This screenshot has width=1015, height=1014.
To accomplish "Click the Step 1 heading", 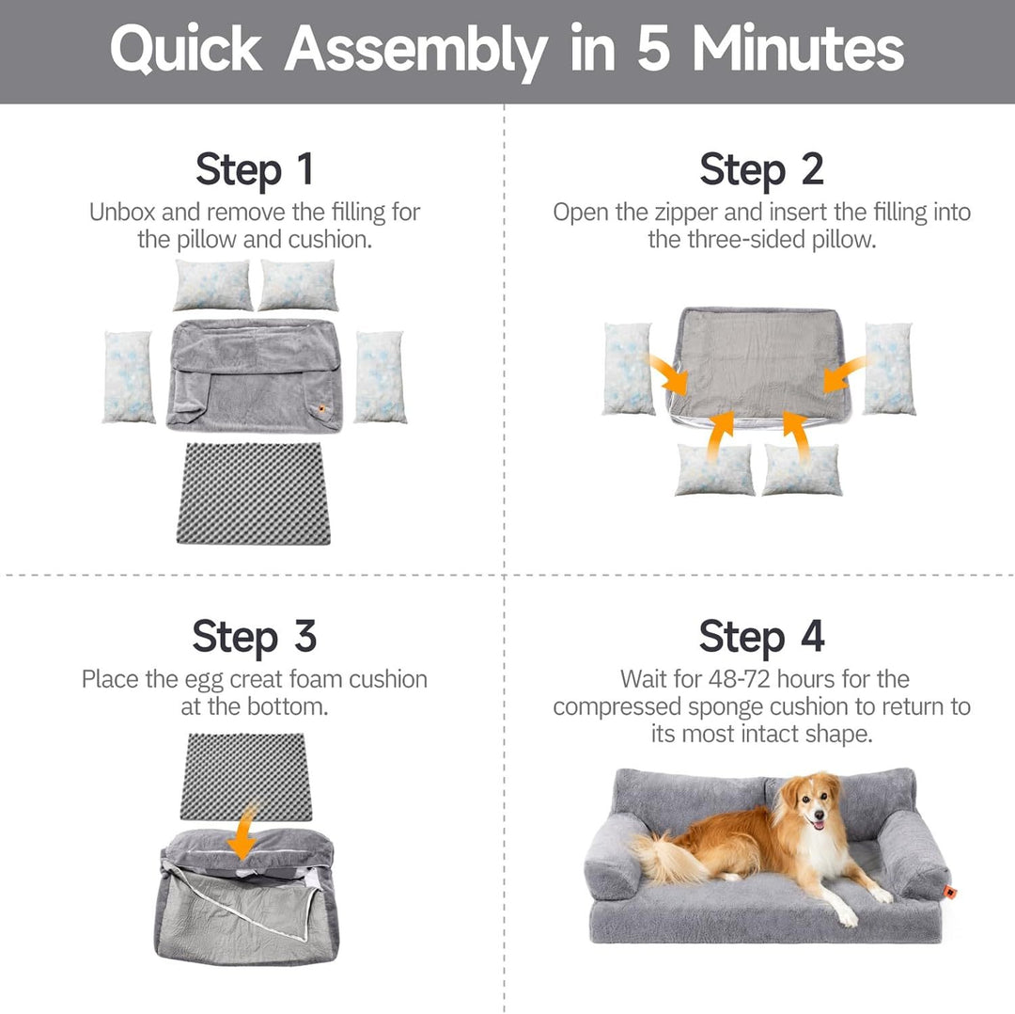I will tap(254, 170).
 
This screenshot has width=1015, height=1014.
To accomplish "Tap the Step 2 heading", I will tap(761, 170).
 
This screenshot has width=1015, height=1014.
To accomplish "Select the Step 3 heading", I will tap(254, 637).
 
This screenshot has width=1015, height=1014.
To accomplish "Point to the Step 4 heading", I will tap(761, 637).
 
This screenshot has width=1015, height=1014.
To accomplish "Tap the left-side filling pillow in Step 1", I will tap(129, 376).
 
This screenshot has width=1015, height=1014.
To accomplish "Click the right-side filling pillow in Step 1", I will tap(381, 376).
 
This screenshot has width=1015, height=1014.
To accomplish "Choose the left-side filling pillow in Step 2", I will tap(628, 369).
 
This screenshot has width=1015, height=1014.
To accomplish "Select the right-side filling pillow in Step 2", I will tap(889, 369).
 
